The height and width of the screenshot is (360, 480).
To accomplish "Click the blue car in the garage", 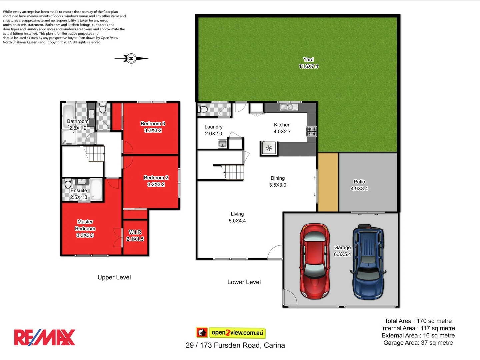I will coord(368,262).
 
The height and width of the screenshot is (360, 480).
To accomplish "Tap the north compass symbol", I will coord(131,59).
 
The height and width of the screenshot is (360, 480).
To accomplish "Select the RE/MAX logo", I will coord(45,337).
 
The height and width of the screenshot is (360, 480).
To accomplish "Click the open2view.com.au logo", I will coord(231,332).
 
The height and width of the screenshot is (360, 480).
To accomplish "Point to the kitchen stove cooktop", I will coord(312,131).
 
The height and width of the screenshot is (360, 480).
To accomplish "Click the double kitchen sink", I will coord(286,107).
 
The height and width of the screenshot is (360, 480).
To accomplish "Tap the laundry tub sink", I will coord(222,144).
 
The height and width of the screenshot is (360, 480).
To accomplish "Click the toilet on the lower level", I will coord(203,109).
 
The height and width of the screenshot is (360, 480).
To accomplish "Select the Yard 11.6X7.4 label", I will coord(308,63).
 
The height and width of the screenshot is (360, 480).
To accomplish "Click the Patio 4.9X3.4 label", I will coord(359,185).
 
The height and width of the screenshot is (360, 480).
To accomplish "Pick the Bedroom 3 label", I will coord(153,127).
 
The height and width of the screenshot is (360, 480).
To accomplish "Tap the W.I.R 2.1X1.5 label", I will coord(135,235).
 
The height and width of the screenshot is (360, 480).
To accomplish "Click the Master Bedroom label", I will coord(85,228).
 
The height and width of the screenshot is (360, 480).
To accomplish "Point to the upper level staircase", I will coord(95,153).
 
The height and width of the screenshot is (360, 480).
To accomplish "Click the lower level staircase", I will coord(233,172).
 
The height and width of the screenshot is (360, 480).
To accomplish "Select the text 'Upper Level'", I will coord(114,277).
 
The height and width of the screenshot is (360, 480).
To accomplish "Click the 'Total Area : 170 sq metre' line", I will coord(418,321).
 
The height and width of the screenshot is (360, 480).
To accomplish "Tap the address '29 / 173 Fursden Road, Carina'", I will coord(235,345).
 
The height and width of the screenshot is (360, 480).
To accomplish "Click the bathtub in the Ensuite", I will coord(97,190).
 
